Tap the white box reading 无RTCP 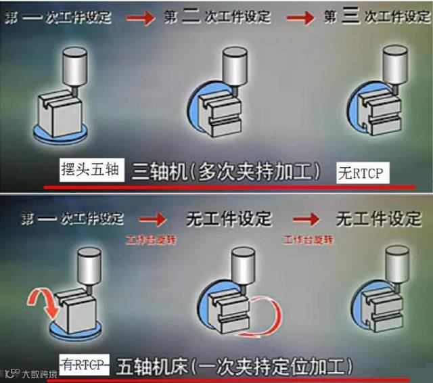[x=360, y=173]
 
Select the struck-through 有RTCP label [x=85, y=365]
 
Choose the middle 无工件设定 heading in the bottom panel [x=229, y=219]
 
